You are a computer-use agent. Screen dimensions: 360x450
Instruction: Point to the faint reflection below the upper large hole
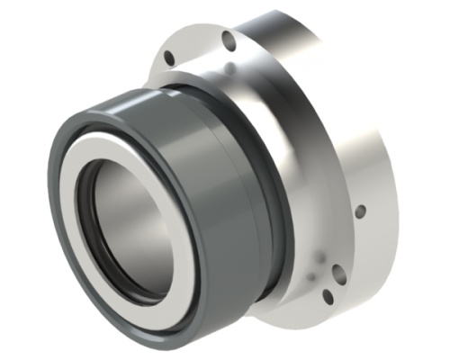pos(233,67)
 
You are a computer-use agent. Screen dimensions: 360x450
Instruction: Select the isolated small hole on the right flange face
pos(360,211)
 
